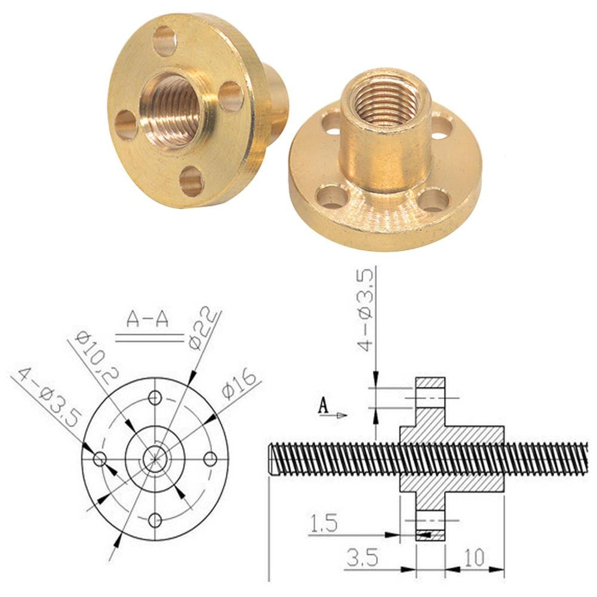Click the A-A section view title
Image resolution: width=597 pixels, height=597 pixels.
147,319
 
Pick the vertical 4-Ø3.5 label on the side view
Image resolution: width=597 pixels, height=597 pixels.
366,310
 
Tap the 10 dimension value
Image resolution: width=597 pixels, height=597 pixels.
474,558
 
